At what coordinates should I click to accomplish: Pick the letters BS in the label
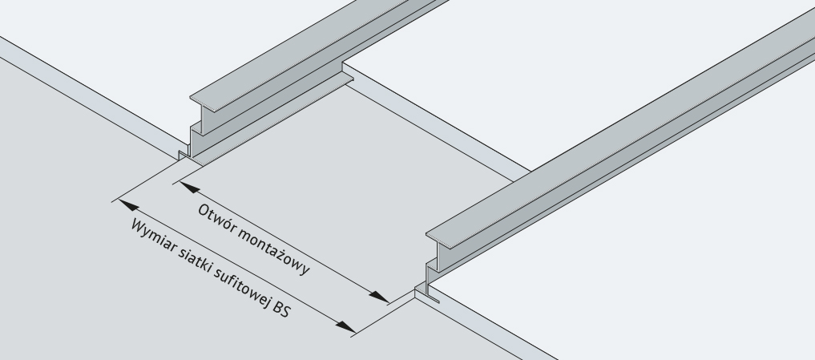point(282,309)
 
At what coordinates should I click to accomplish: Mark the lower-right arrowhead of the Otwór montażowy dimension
point(379,297)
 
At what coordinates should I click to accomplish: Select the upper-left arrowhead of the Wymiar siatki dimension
point(129,205)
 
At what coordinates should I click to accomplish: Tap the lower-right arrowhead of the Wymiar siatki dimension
point(345,327)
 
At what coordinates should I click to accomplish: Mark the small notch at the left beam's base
point(184,155)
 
